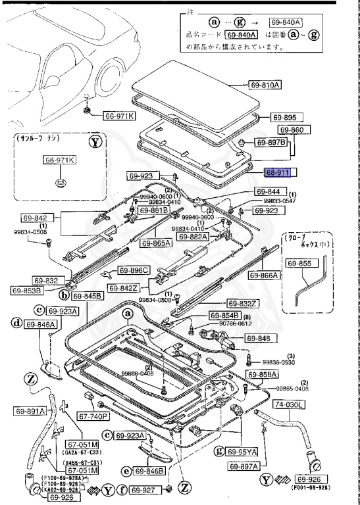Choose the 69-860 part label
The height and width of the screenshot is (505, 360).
click(x=292, y=130)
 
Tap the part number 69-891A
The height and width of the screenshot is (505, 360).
click(x=30, y=411)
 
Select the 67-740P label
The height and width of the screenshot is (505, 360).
click(x=93, y=416)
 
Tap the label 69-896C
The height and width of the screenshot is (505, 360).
click(x=134, y=270)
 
